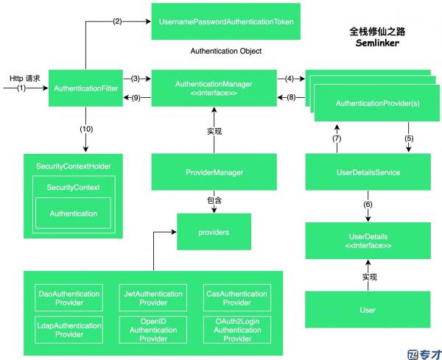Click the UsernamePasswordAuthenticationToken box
click(x=226, y=21)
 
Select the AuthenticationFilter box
click(x=85, y=88)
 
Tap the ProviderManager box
click(x=214, y=172)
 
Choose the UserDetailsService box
click(x=368, y=172)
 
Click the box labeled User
click(x=368, y=310)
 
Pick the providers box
click(x=214, y=232)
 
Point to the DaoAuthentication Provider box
click(x=69, y=297)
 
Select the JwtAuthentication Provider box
click(x=153, y=297)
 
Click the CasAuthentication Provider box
click(x=237, y=297)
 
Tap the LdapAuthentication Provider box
click(x=69, y=330)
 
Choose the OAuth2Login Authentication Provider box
click(x=237, y=330)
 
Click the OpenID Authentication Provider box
click(x=153, y=330)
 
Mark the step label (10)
click(x=86, y=129)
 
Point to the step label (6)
click(x=368, y=204)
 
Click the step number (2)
click(x=117, y=21)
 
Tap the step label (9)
click(x=136, y=98)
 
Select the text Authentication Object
click(x=226, y=51)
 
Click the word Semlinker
click(x=377, y=43)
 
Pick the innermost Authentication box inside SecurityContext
click(x=73, y=213)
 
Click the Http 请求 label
click(x=25, y=78)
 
